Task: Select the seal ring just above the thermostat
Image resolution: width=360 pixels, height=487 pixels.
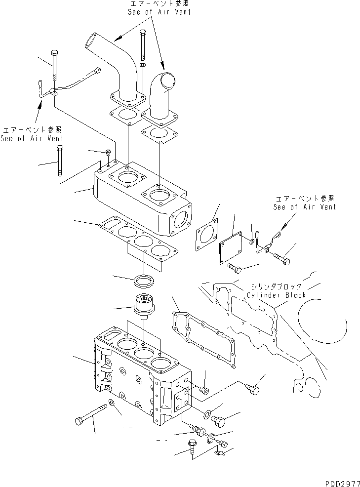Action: pos(144,282)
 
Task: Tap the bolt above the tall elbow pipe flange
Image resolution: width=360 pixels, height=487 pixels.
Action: pos(143,44)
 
